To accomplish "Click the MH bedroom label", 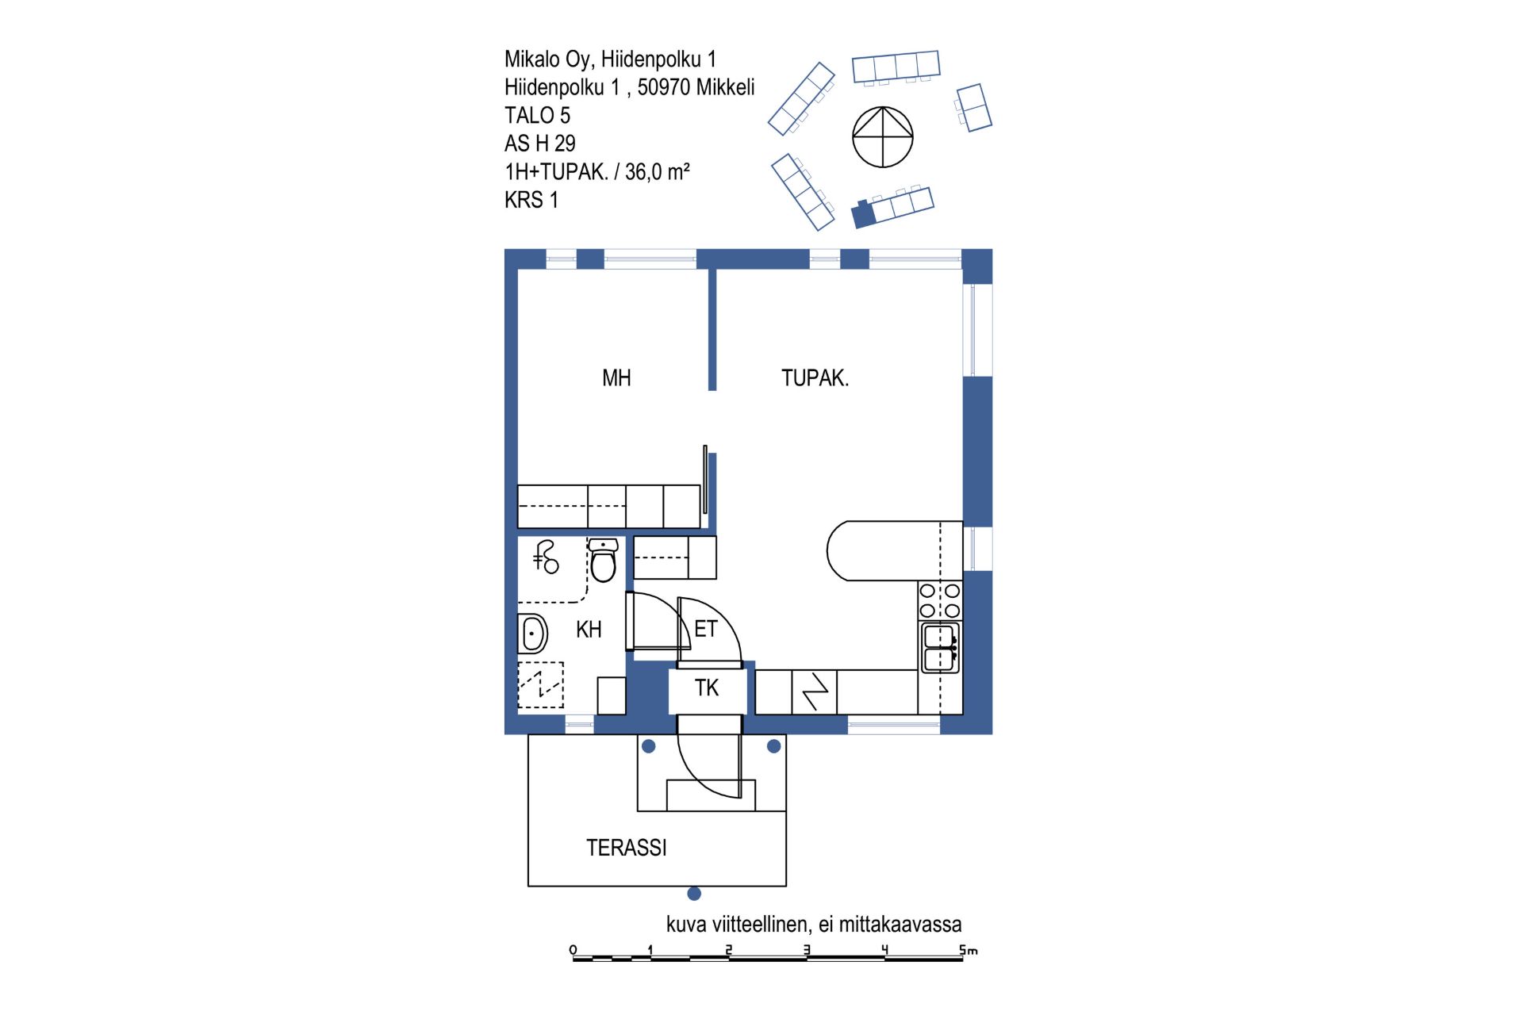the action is point(616,378).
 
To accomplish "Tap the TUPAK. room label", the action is point(815,378).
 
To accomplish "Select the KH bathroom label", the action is point(589,630).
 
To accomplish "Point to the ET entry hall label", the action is point(705,629).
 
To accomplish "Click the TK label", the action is point(707,688).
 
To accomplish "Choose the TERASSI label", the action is point(627,848).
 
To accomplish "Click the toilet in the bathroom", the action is point(603,560).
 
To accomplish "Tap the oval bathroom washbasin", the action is point(533,634).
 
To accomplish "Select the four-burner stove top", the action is point(940,600).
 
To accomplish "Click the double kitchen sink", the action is point(940,648).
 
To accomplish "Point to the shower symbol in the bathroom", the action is point(546,557).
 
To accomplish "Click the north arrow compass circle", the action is point(883,137).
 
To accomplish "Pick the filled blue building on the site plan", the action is point(863,214).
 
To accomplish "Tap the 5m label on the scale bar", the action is point(969,949).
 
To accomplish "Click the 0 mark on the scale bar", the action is point(574,950).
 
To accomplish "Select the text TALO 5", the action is point(537,116).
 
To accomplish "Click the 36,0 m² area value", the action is point(658,172).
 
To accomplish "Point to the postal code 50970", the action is point(664,87).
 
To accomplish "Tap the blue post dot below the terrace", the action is point(694,894).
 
